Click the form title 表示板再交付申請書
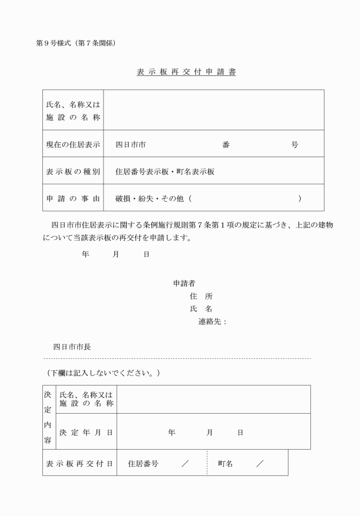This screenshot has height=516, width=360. point(186,72)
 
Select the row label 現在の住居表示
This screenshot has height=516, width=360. point(73,145)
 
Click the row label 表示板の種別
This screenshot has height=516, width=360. point(73,171)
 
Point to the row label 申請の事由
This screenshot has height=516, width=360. point(73,198)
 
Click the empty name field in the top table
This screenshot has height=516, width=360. point(213,110)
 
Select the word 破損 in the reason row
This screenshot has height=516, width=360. point(123,198)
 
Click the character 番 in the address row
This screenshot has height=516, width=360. point(226,145)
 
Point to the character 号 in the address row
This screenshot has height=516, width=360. point(294,145)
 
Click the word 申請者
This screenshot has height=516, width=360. point(185,283)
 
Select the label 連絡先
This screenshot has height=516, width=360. point(211,322)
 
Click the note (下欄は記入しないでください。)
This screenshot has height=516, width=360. point(103,373)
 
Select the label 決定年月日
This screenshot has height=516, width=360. point(86,433)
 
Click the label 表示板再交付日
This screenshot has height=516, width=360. point(79,463)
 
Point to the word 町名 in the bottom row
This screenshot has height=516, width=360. point(225,463)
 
